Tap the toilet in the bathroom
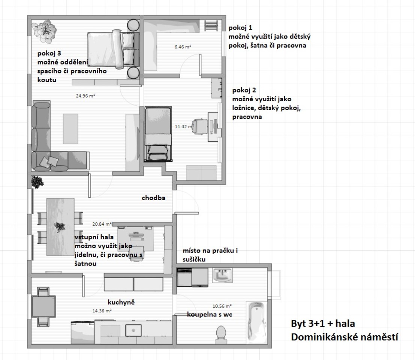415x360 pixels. tap(221, 335)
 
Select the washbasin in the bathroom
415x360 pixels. tap(222, 275)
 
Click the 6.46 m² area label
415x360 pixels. tap(183, 47)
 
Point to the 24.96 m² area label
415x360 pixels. tap(85, 96)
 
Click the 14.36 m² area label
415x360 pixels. tap(102, 311)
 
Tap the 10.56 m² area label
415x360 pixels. tap(222, 306)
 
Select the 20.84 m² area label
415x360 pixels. tap(102, 224)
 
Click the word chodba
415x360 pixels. tap(153, 198)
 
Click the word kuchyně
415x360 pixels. tap(121, 302)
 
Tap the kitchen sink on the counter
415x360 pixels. tap(133, 330)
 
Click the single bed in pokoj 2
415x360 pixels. tap(158, 134)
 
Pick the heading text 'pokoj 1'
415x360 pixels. tap(240, 27)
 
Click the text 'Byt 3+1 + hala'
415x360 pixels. tap(323, 324)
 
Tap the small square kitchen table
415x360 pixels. tap(43, 306)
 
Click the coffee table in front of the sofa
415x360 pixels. tap(70, 129)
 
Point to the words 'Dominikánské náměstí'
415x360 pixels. tap(345, 337)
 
